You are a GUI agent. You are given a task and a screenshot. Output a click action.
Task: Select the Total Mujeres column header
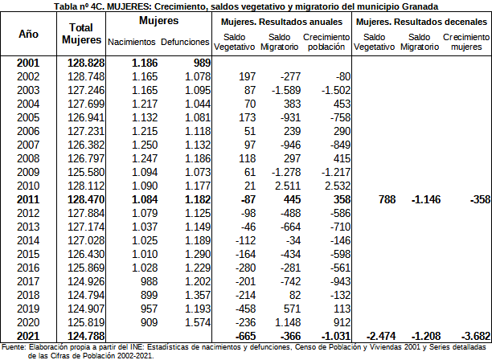click(81, 34)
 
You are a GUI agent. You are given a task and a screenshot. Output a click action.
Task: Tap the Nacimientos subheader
click(131, 42)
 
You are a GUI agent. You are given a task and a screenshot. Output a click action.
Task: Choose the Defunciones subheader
click(186, 42)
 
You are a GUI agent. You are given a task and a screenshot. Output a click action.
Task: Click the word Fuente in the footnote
click(14, 346)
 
